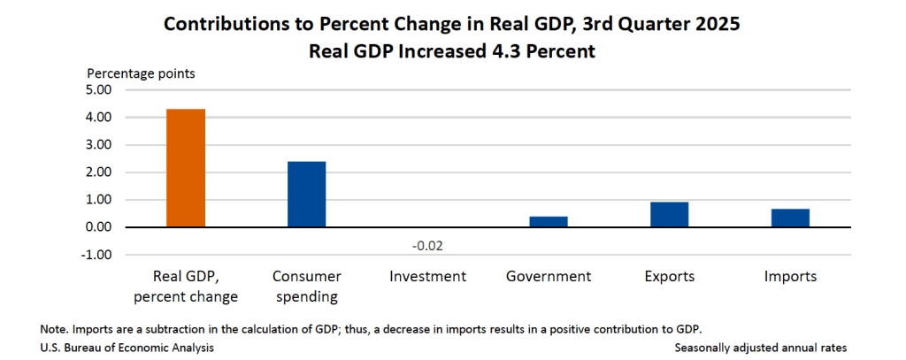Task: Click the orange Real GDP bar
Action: point(186,168)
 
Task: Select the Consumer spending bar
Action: point(306,195)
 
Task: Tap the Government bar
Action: point(549,222)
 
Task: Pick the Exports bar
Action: point(670,215)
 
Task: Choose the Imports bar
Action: point(790,218)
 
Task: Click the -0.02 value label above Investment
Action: point(427,245)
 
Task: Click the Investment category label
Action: point(427,277)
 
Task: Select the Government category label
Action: point(549,277)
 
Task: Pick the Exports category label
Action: point(670,277)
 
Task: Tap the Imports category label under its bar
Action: point(790,277)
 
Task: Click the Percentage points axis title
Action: point(141,73)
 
